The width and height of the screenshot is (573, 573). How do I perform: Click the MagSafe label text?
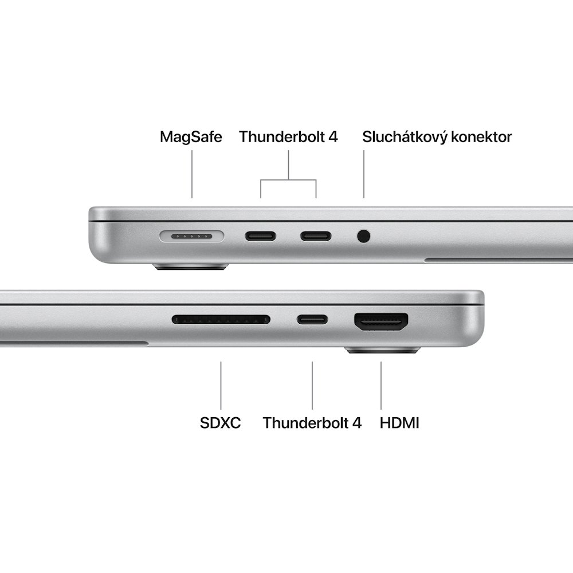pos(191,137)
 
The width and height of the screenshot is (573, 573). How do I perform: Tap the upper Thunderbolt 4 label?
pos(288,137)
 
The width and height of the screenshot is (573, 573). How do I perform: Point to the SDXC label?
pos(221,423)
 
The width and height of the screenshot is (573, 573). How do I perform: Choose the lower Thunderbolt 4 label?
pos(312,423)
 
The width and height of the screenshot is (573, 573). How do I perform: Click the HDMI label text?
pos(399,423)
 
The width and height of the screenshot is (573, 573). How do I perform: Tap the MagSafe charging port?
pos(192,236)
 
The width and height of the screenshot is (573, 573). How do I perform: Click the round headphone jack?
pos(363,236)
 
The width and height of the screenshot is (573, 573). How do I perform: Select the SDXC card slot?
pos(221,319)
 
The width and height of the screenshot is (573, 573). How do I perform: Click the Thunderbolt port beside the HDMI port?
pos(312,319)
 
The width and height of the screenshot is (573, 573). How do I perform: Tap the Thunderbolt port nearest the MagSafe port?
pos(261,236)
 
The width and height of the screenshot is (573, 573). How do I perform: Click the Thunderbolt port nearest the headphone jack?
pos(316,236)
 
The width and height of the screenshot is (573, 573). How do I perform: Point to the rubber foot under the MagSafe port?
pos(191,267)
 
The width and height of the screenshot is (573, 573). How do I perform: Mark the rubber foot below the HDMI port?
pos(383,350)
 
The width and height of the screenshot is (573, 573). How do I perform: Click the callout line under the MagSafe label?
pos(192,175)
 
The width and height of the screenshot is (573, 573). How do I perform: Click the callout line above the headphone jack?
pos(363,175)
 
